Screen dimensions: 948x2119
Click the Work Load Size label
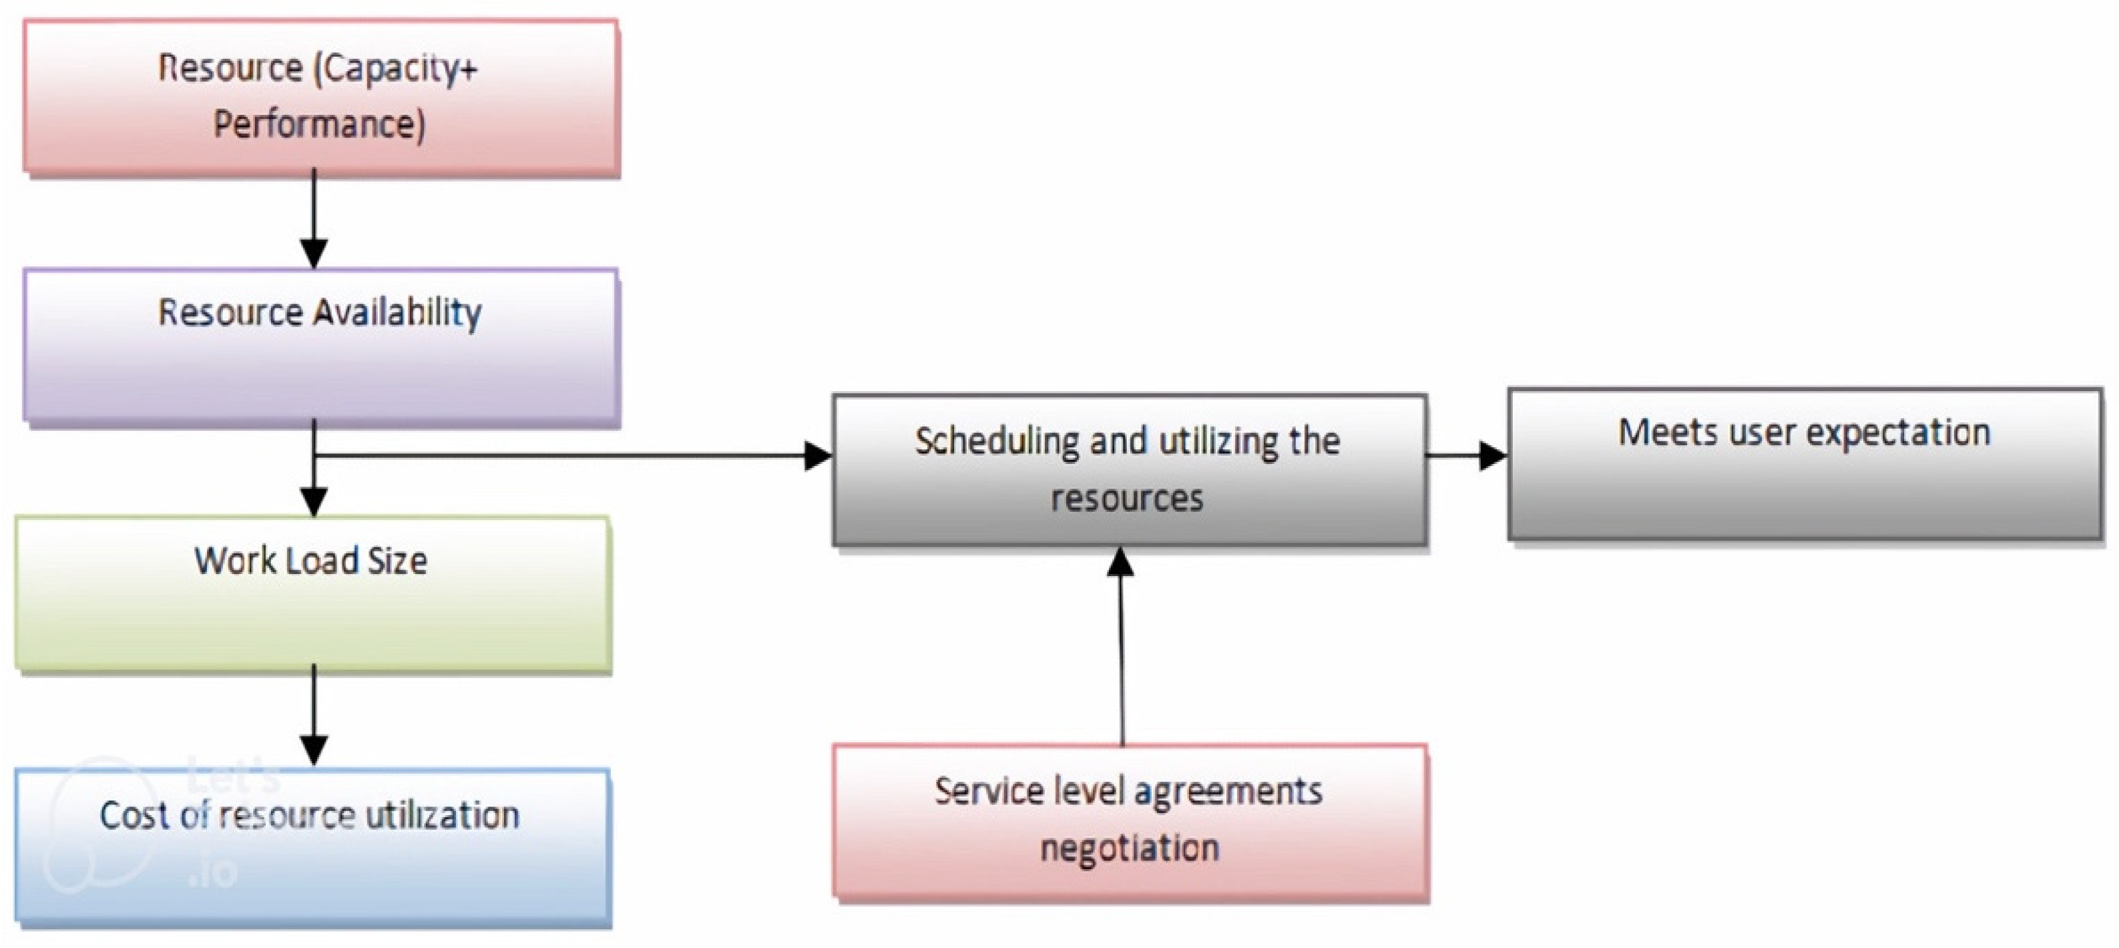pyautogui.click(x=310, y=561)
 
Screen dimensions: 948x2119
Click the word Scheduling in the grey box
pyautogui.click(x=996, y=443)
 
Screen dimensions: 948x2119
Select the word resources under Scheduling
pyautogui.click(x=1127, y=499)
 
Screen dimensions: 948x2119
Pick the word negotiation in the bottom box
pyautogui.click(x=1130, y=849)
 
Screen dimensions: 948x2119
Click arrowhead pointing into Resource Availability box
pyautogui.click(x=314, y=252)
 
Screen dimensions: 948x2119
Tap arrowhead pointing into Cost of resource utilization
pyautogui.click(x=314, y=749)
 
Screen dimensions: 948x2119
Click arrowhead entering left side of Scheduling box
pyautogui.click(x=818, y=455)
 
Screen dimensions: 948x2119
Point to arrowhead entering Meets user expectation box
pyautogui.click(x=1492, y=455)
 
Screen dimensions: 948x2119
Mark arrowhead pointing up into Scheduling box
pyautogui.click(x=1120, y=562)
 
